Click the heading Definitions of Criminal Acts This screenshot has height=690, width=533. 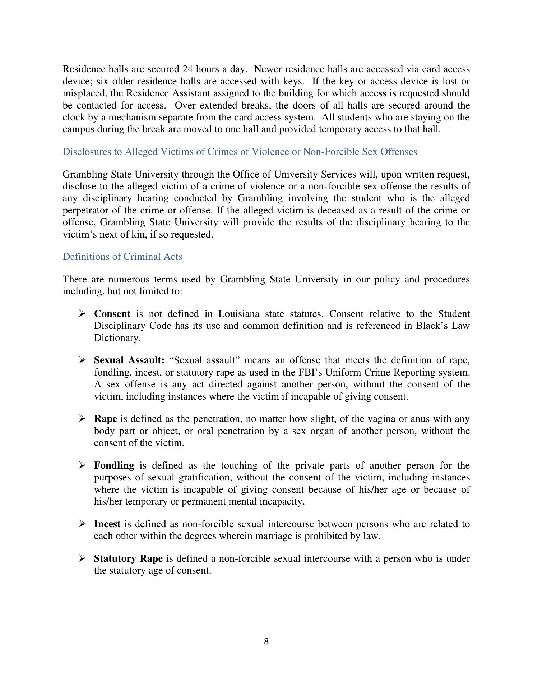coord(122,257)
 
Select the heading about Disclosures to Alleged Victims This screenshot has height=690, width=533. coord(240,152)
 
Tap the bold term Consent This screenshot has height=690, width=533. coord(112,314)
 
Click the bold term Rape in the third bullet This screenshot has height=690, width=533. coord(106,419)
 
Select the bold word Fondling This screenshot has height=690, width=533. coord(114,465)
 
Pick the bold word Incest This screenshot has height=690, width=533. coord(107,524)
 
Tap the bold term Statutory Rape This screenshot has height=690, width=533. coord(128,558)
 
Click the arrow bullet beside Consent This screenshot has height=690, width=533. coord(82,314)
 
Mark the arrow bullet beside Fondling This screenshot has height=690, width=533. coord(82,465)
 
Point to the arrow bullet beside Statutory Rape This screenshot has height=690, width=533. coord(82,558)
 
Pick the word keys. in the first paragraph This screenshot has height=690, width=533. coord(294,81)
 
